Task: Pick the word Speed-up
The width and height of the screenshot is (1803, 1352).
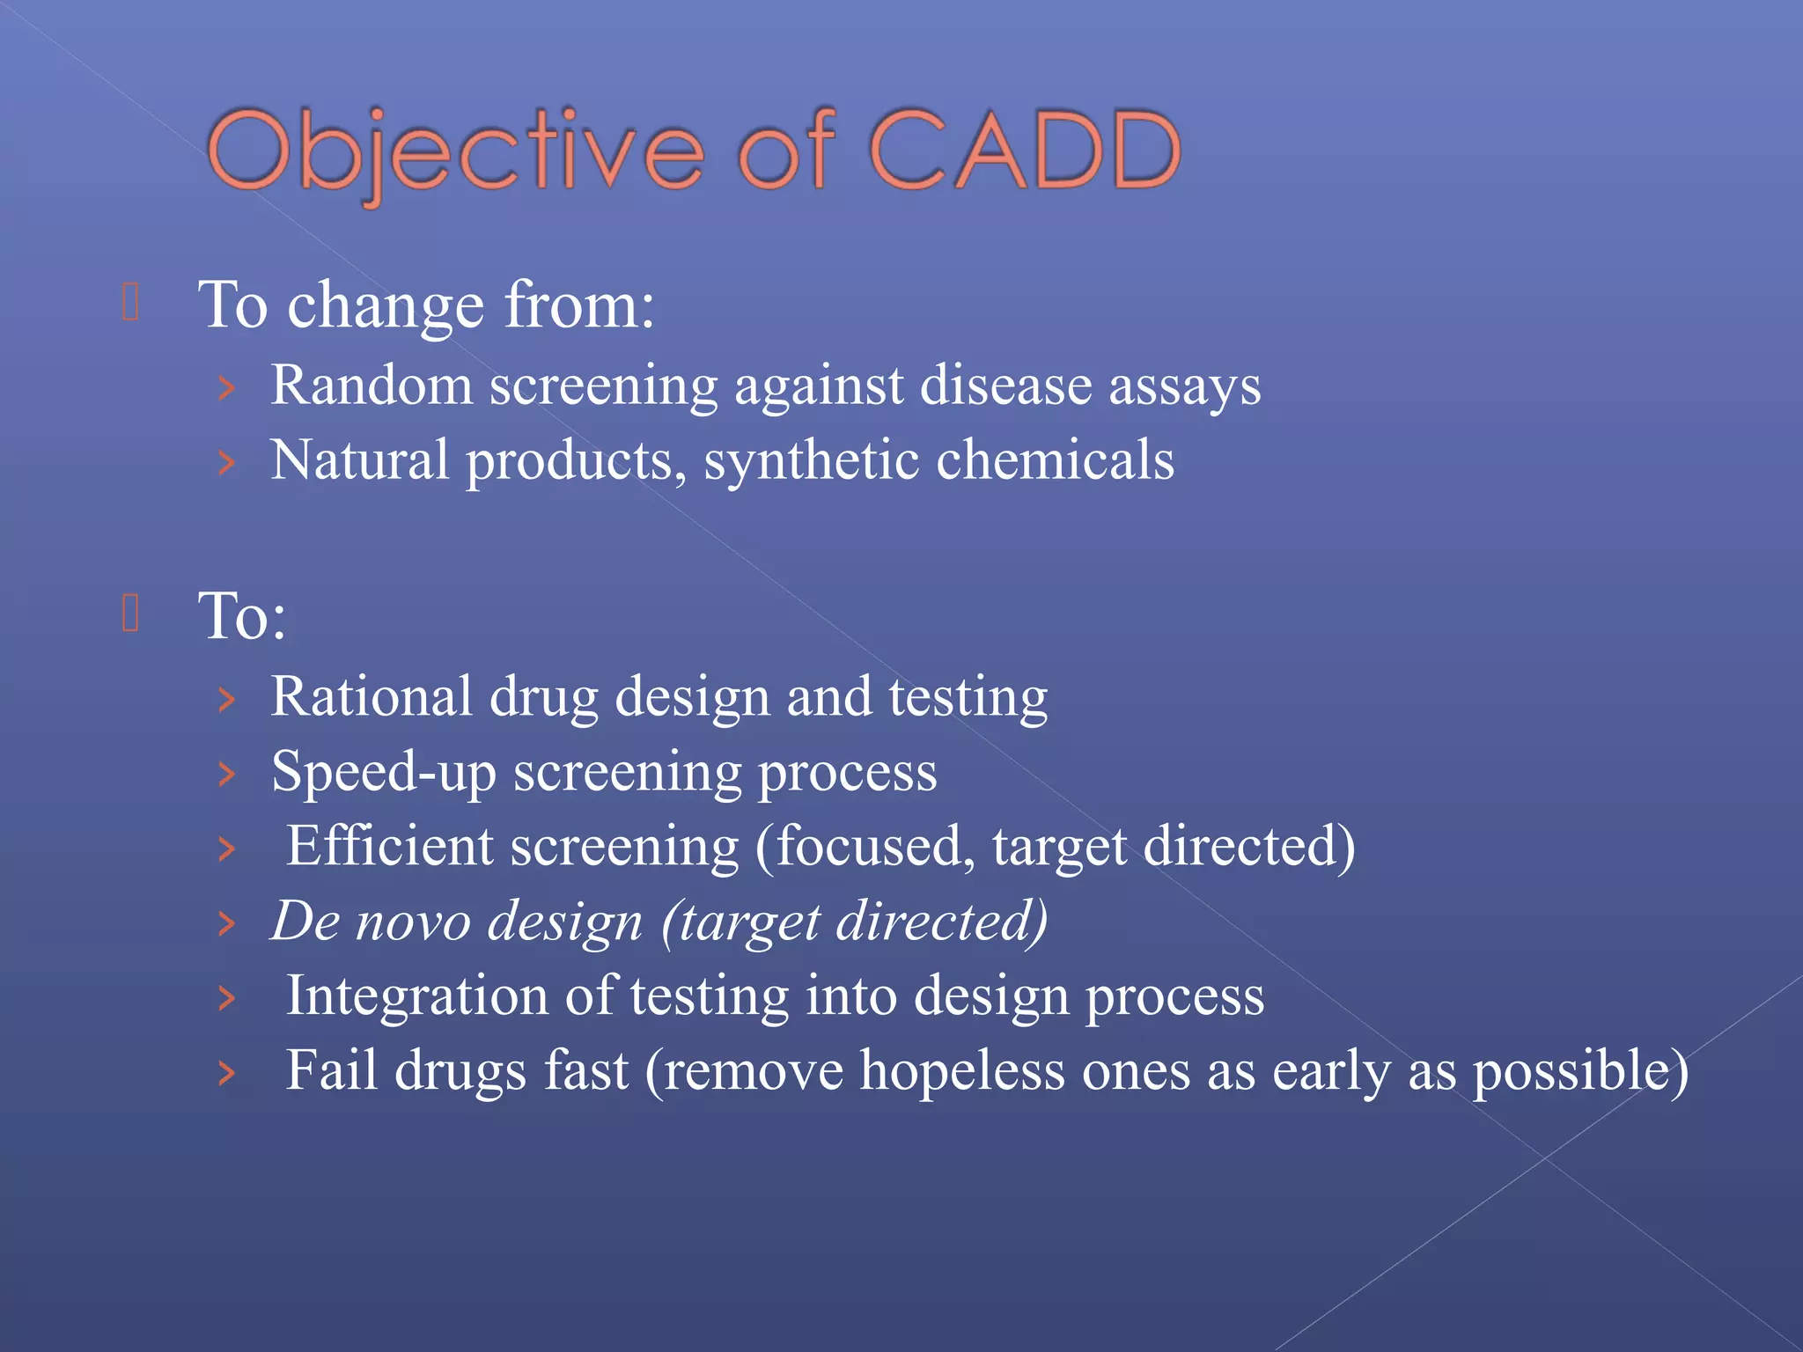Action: pos(384,773)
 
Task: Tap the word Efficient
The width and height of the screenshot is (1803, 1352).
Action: pos(390,847)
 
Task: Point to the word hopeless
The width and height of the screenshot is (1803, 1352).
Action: pos(962,1070)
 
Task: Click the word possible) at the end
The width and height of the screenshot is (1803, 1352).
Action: pos(1580,1072)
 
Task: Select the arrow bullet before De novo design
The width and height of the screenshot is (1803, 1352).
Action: pos(227,923)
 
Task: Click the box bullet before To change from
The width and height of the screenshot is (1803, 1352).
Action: pos(130,302)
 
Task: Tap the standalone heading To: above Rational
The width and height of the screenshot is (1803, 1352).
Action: pos(242,615)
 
